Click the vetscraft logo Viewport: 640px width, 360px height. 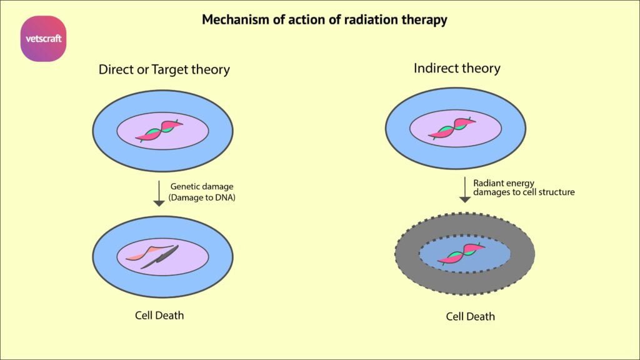(43, 39)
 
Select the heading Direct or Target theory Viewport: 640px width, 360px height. (164, 69)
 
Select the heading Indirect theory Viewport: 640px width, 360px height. (457, 68)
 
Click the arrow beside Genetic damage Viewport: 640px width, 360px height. (159, 194)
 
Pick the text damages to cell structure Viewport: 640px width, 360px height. (524, 192)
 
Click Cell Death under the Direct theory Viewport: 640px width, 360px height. (159, 315)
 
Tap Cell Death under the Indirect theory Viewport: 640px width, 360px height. (470, 316)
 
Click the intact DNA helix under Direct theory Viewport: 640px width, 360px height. (159, 130)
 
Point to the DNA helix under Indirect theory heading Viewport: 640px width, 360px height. (452, 128)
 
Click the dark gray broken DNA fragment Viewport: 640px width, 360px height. (160, 257)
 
